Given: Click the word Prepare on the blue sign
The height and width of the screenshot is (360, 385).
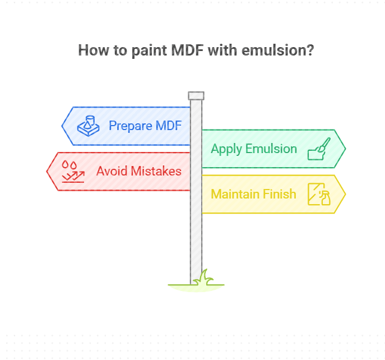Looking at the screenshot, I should pos(130,126).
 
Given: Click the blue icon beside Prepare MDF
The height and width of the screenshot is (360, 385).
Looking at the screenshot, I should pos(89,126).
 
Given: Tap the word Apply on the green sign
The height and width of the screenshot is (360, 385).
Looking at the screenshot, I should pos(226,149).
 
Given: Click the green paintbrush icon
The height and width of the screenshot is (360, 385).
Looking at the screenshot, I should pos(319,149).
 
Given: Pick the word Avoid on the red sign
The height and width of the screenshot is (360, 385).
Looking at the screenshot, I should pos(111,171).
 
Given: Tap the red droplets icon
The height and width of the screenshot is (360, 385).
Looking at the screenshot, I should pos(72,171).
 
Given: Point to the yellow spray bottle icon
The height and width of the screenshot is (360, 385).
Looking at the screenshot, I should pos(319,194).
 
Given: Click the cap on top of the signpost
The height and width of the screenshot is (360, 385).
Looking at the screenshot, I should pos(196,95).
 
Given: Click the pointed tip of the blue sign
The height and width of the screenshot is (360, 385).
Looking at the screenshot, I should pos(63,126).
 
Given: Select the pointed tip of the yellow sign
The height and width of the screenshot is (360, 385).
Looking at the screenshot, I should pos(344,194).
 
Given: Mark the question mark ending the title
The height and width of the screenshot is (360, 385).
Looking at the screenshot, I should pos(310,50).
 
